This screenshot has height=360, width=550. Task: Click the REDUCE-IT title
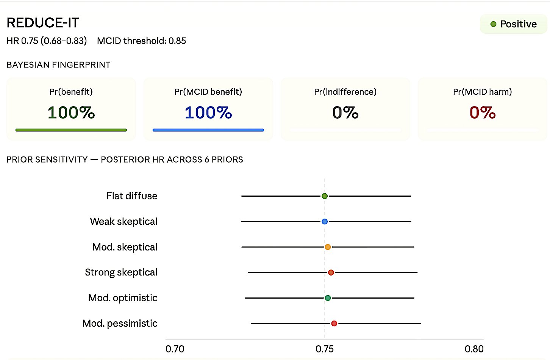[x=43, y=23]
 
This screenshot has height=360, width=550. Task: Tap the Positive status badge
[x=513, y=24]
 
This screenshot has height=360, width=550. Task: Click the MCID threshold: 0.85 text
[x=141, y=41]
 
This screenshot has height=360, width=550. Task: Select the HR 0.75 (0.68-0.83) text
[x=47, y=41]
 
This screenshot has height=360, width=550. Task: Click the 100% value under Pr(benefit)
[x=71, y=113]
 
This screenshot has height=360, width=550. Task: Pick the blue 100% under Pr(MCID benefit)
[x=208, y=113]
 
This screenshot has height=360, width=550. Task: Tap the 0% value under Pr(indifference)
[x=345, y=113]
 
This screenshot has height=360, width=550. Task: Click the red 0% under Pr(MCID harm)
[x=482, y=113]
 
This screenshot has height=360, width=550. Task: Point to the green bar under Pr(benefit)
[x=71, y=130]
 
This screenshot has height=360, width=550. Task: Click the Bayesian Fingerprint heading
[x=58, y=65]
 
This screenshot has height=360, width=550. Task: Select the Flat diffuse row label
[x=131, y=196]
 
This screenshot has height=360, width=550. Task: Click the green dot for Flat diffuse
[x=325, y=196]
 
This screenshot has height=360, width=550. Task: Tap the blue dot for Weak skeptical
[x=325, y=221]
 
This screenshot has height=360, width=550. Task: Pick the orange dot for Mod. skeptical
[x=328, y=247]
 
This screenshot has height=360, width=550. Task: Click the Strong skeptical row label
[x=121, y=272]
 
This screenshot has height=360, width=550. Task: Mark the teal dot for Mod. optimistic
[x=328, y=298]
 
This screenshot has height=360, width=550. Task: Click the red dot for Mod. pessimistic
[x=334, y=323]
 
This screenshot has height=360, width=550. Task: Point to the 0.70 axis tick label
[x=175, y=349]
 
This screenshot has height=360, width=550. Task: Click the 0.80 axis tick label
[x=474, y=349]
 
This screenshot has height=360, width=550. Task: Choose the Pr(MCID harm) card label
[x=482, y=92]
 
